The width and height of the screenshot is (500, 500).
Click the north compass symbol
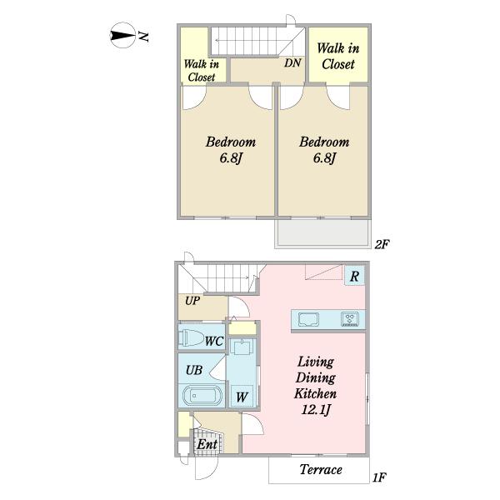coord(122,35)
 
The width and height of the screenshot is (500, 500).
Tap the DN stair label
coord(292,62)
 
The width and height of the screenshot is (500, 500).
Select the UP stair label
coord(192,301)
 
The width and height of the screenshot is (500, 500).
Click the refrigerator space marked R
coord(354,276)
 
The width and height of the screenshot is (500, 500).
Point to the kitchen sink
coord(308,319)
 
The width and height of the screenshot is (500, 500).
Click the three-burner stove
coord(350,319)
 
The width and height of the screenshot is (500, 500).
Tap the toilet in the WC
coord(191,337)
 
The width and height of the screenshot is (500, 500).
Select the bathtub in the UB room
coord(202,396)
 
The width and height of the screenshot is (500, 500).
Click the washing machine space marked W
coord(242,396)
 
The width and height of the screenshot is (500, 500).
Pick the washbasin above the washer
coord(242,347)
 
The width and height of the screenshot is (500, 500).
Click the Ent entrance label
coord(207,444)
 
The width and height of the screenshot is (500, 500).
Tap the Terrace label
coord(321,470)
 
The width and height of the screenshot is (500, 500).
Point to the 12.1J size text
coord(316,410)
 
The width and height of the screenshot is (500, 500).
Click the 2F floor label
coord(382,244)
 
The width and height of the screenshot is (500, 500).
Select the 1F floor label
coord(379,477)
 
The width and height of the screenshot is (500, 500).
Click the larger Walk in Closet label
coord(338,57)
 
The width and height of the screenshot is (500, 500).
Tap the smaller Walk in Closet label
coord(202,71)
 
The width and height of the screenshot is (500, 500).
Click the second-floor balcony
coord(322,233)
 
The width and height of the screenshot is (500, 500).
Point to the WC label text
coord(214,341)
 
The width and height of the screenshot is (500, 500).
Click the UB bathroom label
coord(194,370)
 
